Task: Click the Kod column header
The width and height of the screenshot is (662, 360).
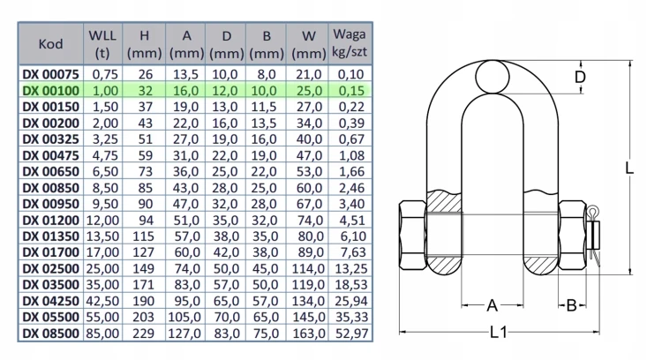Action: tap(50, 44)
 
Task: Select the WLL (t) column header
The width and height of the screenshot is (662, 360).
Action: tap(102, 44)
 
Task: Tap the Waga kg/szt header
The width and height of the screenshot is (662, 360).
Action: tap(350, 43)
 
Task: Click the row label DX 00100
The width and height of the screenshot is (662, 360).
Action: tap(50, 91)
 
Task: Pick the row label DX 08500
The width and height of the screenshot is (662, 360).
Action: tap(50, 334)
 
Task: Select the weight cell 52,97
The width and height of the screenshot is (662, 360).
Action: tap(351, 334)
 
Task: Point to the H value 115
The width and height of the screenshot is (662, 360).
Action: tap(144, 236)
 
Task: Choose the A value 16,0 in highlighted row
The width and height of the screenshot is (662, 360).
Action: tap(185, 91)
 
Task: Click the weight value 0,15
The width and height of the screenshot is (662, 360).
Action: tap(351, 91)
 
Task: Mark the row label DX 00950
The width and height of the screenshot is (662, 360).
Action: tap(50, 204)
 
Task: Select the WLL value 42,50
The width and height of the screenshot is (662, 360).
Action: tap(102, 302)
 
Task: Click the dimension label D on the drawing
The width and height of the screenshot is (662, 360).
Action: tap(581, 78)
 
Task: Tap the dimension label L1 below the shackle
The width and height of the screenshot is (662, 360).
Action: tap(499, 333)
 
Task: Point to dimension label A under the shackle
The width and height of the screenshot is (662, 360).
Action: tap(493, 305)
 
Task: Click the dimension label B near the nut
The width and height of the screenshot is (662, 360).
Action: tap(571, 305)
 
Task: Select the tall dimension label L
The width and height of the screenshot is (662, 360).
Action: tap(629, 168)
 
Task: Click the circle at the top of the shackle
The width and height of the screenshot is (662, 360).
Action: tap(493, 77)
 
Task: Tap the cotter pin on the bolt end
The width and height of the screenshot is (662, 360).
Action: tap(594, 235)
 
